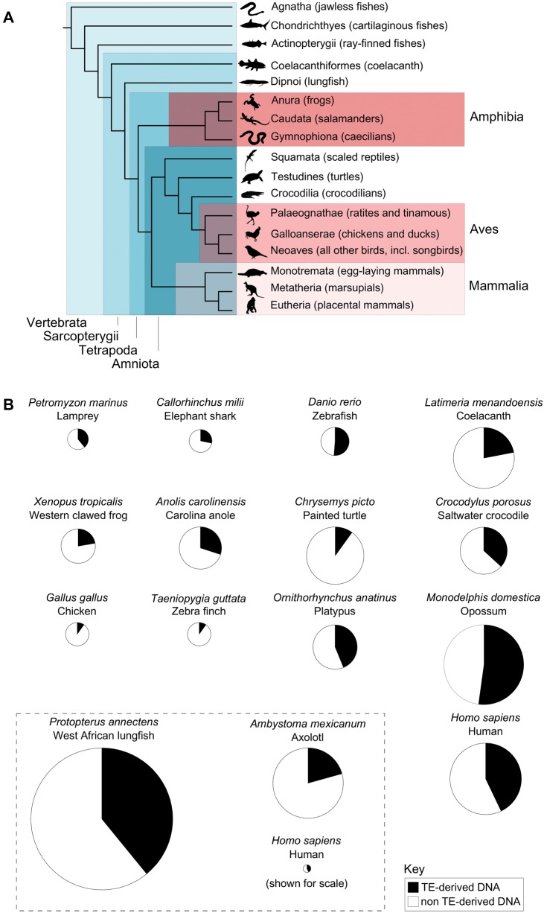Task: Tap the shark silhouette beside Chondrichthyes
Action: [x=254, y=26]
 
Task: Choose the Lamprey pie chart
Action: [x=77, y=440]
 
